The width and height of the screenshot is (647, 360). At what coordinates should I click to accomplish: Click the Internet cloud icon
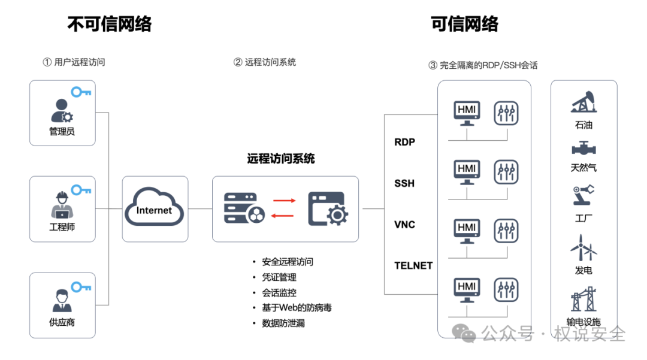coord(154,207)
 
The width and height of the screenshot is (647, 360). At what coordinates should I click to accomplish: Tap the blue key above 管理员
coord(81,92)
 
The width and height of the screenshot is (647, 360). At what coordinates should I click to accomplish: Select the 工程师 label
coord(62,227)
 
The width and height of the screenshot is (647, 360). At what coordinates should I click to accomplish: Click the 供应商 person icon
coord(62,301)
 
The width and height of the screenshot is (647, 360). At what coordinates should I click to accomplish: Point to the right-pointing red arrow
coord(285,201)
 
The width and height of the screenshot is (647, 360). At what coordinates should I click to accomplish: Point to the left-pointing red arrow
coord(282,216)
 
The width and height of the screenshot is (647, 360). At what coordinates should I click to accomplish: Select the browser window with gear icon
coord(328,208)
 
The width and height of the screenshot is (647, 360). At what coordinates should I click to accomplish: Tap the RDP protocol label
coord(404,143)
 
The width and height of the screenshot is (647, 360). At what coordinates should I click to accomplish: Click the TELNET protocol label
coord(413,265)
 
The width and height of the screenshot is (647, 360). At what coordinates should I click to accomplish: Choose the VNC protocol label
coord(404,225)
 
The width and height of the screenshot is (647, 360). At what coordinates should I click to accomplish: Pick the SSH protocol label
coord(404,183)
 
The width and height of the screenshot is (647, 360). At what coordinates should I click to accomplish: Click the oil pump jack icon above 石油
coord(583,102)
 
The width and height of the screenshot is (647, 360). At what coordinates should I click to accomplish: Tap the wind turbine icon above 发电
coord(583,247)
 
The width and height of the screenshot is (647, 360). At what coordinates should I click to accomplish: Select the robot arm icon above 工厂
coord(583,195)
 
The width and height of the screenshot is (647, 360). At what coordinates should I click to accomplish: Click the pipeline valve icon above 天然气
coord(583,148)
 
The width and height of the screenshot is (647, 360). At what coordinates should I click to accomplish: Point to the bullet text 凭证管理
coord(279,277)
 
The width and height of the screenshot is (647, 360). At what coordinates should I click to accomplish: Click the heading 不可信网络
coord(110,24)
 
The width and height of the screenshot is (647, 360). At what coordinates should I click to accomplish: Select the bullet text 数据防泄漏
coord(283,323)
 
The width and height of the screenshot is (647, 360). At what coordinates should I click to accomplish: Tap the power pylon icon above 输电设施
coord(583,299)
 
